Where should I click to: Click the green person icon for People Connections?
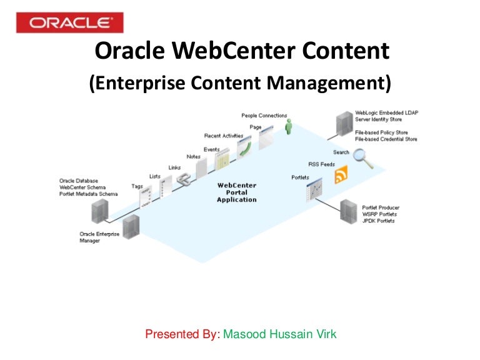point(288,128)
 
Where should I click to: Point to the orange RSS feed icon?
point(341,177)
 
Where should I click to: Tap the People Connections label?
point(264,116)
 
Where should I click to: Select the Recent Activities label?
point(223,136)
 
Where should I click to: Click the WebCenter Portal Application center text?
point(236,192)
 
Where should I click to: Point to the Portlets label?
point(301,177)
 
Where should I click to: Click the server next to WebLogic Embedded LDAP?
point(344,124)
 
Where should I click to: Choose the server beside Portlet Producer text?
point(348,212)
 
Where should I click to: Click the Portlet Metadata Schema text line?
point(88,194)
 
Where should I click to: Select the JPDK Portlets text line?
point(379,221)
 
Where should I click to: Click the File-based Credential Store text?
point(386,139)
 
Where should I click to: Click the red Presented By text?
point(182,334)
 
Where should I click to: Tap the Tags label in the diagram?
point(137,186)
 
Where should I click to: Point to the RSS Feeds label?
point(321,165)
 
